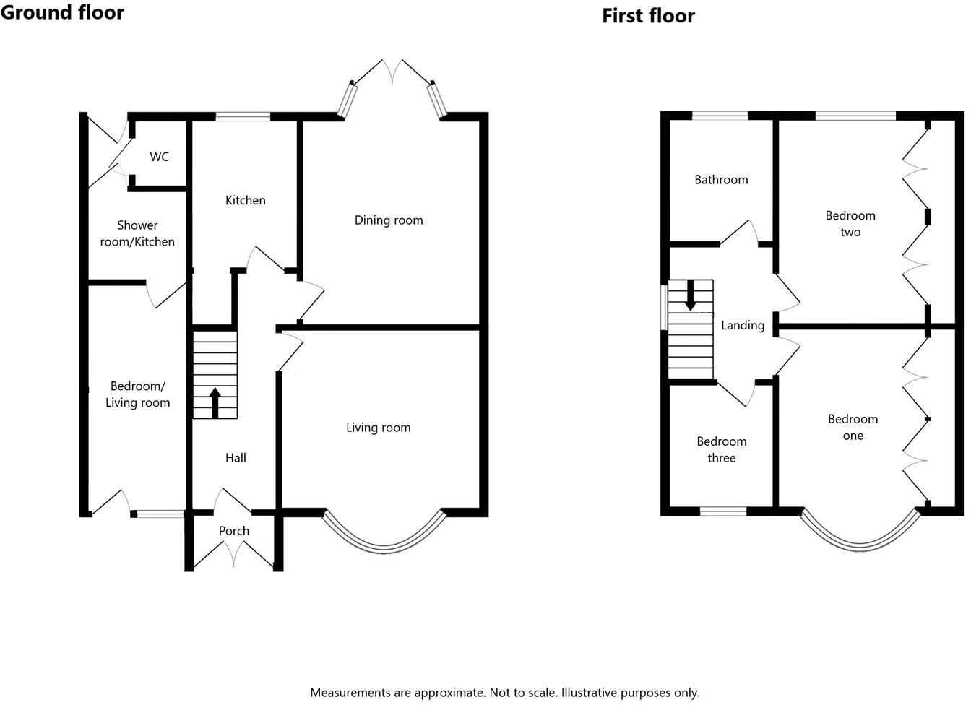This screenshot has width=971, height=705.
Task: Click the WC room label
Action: click(159, 157)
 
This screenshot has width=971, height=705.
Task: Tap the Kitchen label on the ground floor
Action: click(245, 200)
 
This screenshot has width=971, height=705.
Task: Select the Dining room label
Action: click(389, 220)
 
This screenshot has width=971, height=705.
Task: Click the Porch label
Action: click(234, 531)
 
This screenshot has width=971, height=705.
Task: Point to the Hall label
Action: click(236, 457)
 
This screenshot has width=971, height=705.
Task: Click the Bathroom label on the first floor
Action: click(721, 180)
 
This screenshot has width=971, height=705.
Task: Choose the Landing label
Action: click(743, 325)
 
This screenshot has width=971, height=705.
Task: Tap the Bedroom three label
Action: click(721, 449)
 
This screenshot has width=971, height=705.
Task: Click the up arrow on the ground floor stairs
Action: click(215, 402)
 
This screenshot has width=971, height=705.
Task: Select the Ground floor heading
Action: click(62, 12)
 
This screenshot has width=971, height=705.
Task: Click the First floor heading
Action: click(648, 16)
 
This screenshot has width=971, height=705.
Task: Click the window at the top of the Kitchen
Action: click(243, 116)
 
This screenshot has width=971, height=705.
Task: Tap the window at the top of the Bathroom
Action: click(720, 115)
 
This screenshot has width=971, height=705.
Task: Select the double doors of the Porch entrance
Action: click(234, 554)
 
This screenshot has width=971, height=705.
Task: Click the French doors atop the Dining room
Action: click(394, 72)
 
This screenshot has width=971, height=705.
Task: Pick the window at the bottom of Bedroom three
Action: click(722, 511)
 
